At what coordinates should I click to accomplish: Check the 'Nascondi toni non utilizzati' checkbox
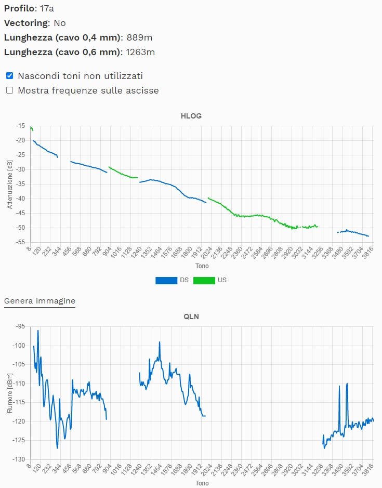(9, 75)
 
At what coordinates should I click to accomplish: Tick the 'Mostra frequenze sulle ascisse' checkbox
(9, 90)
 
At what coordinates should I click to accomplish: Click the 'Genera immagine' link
(39, 301)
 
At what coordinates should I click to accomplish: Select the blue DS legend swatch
(166, 280)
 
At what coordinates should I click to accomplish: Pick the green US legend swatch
(204, 280)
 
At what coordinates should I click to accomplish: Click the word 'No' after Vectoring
(60, 23)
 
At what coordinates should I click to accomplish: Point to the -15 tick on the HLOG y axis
(21, 126)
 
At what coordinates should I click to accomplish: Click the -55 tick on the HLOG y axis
(21, 242)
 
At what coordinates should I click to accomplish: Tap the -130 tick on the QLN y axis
(20, 459)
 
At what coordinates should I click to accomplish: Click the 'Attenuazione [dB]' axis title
(9, 184)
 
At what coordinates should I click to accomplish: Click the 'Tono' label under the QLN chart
(202, 483)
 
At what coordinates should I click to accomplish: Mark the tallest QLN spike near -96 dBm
(38, 331)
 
